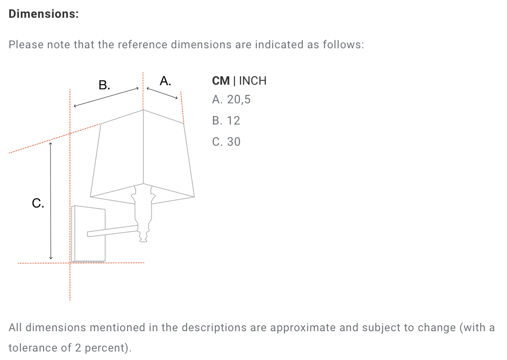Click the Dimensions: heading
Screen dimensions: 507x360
coord(44,14)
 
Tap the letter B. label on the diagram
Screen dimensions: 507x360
coord(104,85)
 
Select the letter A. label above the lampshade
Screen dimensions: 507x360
coord(165,81)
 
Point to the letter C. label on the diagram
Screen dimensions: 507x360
coord(38,203)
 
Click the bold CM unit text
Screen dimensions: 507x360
coord(221,81)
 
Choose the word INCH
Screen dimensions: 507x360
coord(253,81)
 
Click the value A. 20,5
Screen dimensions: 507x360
coord(231,100)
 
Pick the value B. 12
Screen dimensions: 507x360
coord(226,121)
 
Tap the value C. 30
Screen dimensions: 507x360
coord(226,141)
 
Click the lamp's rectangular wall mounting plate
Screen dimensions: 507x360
coord(88,234)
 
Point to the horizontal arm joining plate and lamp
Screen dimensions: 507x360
coord(112,231)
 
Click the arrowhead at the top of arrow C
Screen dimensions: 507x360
coord(50,143)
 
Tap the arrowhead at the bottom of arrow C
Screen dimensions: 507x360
coord(50,258)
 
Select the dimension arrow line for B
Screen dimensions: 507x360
coord(106,97)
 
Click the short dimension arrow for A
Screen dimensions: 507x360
coord(162,93)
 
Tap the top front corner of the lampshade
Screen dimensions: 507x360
coord(143,110)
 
